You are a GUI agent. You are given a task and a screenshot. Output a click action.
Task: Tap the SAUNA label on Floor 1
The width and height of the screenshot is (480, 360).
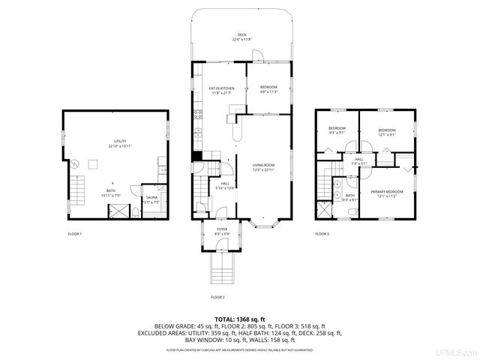pyautogui.click(x=152, y=197)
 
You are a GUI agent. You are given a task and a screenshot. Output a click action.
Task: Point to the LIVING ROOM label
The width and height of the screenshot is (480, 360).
pyautogui.click(x=263, y=166)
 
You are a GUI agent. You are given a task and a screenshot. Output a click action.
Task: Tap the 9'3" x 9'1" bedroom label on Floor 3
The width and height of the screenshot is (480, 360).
pyautogui.click(x=337, y=130)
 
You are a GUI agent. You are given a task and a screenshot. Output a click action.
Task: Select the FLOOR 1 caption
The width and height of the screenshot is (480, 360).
pyautogui.click(x=75, y=234)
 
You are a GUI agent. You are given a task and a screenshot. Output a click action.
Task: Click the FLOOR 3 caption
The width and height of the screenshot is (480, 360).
pyautogui.click(x=322, y=234)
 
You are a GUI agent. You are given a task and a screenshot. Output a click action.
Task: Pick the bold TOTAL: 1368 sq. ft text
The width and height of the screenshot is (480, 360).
pyautogui.click(x=241, y=319)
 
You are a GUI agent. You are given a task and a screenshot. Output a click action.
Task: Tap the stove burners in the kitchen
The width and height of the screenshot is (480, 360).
pyautogui.click(x=198, y=115)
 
